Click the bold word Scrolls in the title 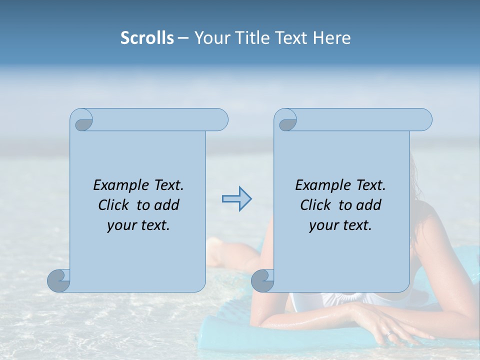[147, 38]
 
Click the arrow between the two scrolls [236, 199]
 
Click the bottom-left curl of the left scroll [59, 280]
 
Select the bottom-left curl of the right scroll [263, 280]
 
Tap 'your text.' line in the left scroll [138, 225]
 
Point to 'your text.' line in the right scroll [340, 225]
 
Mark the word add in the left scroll [167, 205]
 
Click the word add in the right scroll [369, 205]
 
